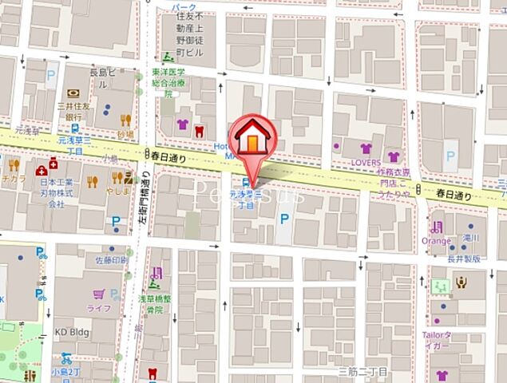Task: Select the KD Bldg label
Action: (x=72, y=332)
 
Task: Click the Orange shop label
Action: (x=437, y=240)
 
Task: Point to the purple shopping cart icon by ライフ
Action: (x=98, y=294)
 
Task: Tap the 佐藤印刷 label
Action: (x=112, y=259)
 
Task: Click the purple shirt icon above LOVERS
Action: (x=366, y=148)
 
